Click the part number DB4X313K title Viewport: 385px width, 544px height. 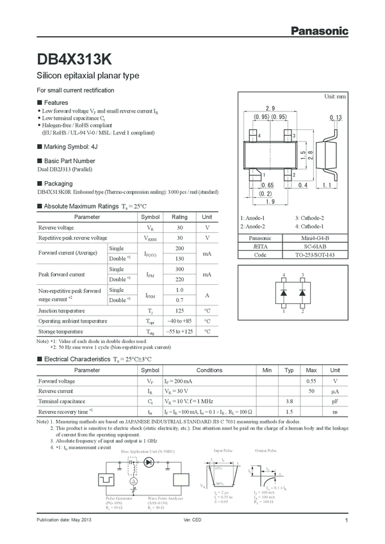pyautogui.click(x=74, y=59)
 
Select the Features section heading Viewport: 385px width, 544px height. pyautogui.click(x=55, y=102)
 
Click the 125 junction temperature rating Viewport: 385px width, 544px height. pyautogui.click(x=179, y=310)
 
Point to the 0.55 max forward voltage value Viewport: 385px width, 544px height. pyautogui.click(x=311, y=381)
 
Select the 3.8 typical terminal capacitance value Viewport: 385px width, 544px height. pyautogui.click(x=289, y=401)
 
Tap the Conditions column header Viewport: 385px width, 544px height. pyautogui.click(x=209, y=371)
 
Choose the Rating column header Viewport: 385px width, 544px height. pyautogui.click(x=179, y=217)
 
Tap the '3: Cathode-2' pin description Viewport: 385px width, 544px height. pyautogui.click(x=309, y=218)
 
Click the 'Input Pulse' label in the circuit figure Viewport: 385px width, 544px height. pyautogui.click(x=223, y=451)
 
